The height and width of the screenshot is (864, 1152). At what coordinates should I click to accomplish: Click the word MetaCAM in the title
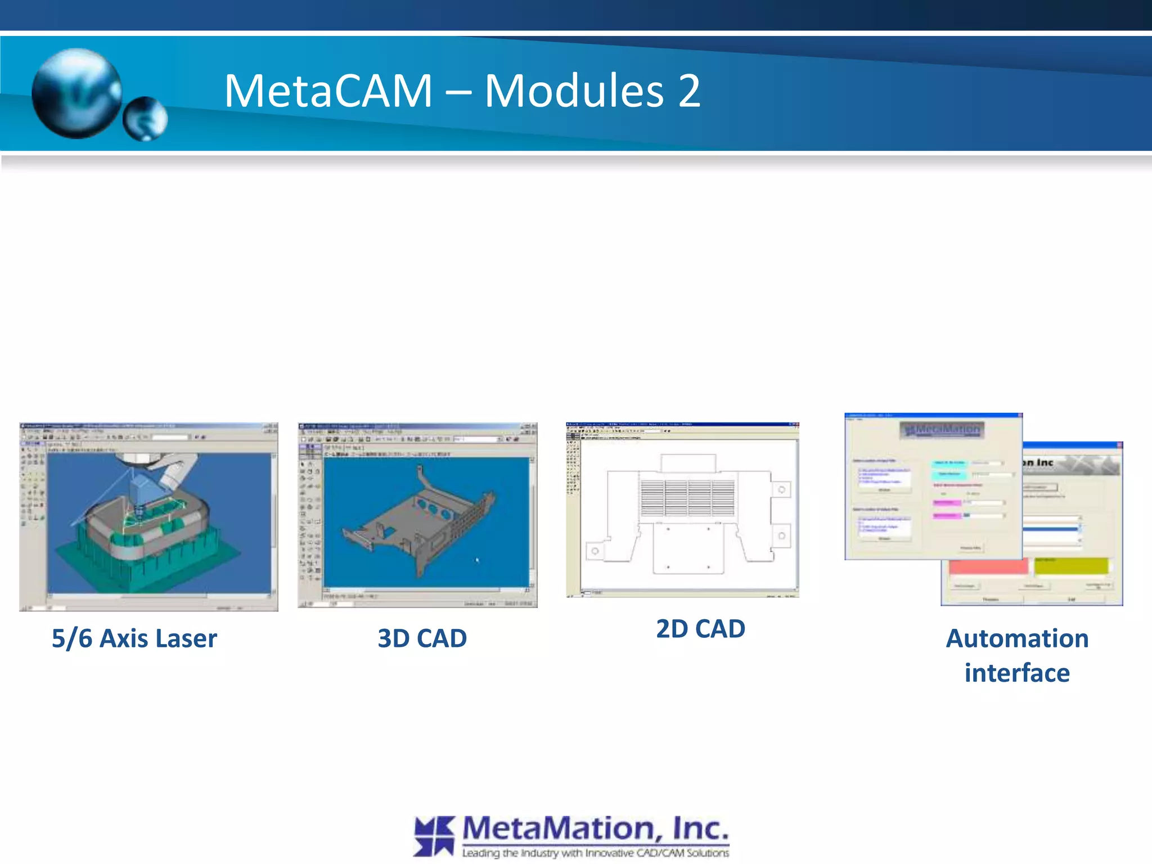click(x=328, y=91)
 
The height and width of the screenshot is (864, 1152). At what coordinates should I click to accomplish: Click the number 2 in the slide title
click(x=688, y=91)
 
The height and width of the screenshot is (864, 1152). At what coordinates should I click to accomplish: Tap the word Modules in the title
click(x=574, y=91)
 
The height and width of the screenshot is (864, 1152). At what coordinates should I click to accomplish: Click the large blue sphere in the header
click(x=76, y=93)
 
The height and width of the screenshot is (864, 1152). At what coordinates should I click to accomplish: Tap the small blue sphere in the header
click(x=145, y=119)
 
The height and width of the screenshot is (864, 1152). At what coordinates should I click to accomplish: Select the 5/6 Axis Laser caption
click(x=134, y=638)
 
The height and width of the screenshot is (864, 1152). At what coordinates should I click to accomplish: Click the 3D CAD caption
click(x=422, y=638)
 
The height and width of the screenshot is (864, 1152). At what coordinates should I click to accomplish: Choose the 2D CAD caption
click(x=700, y=629)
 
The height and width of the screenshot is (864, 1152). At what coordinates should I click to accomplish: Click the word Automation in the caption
click(x=1017, y=638)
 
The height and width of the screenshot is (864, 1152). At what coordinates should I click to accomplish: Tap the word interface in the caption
click(x=1017, y=673)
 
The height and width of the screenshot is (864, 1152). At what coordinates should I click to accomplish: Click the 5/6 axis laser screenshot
click(x=148, y=516)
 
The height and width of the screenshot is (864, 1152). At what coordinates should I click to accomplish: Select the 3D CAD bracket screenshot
click(x=417, y=515)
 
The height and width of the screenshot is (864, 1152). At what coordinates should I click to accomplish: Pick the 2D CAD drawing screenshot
click(x=682, y=510)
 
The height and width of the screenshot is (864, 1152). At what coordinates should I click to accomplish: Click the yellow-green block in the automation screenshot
click(x=1071, y=566)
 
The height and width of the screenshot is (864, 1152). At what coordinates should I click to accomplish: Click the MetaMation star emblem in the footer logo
click(x=434, y=836)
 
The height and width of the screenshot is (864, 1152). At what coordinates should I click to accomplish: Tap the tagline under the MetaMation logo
click(x=595, y=853)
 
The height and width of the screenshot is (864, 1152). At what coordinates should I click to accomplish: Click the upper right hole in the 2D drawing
click(x=781, y=490)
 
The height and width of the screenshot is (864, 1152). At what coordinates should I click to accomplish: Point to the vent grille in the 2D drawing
click(x=687, y=497)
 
